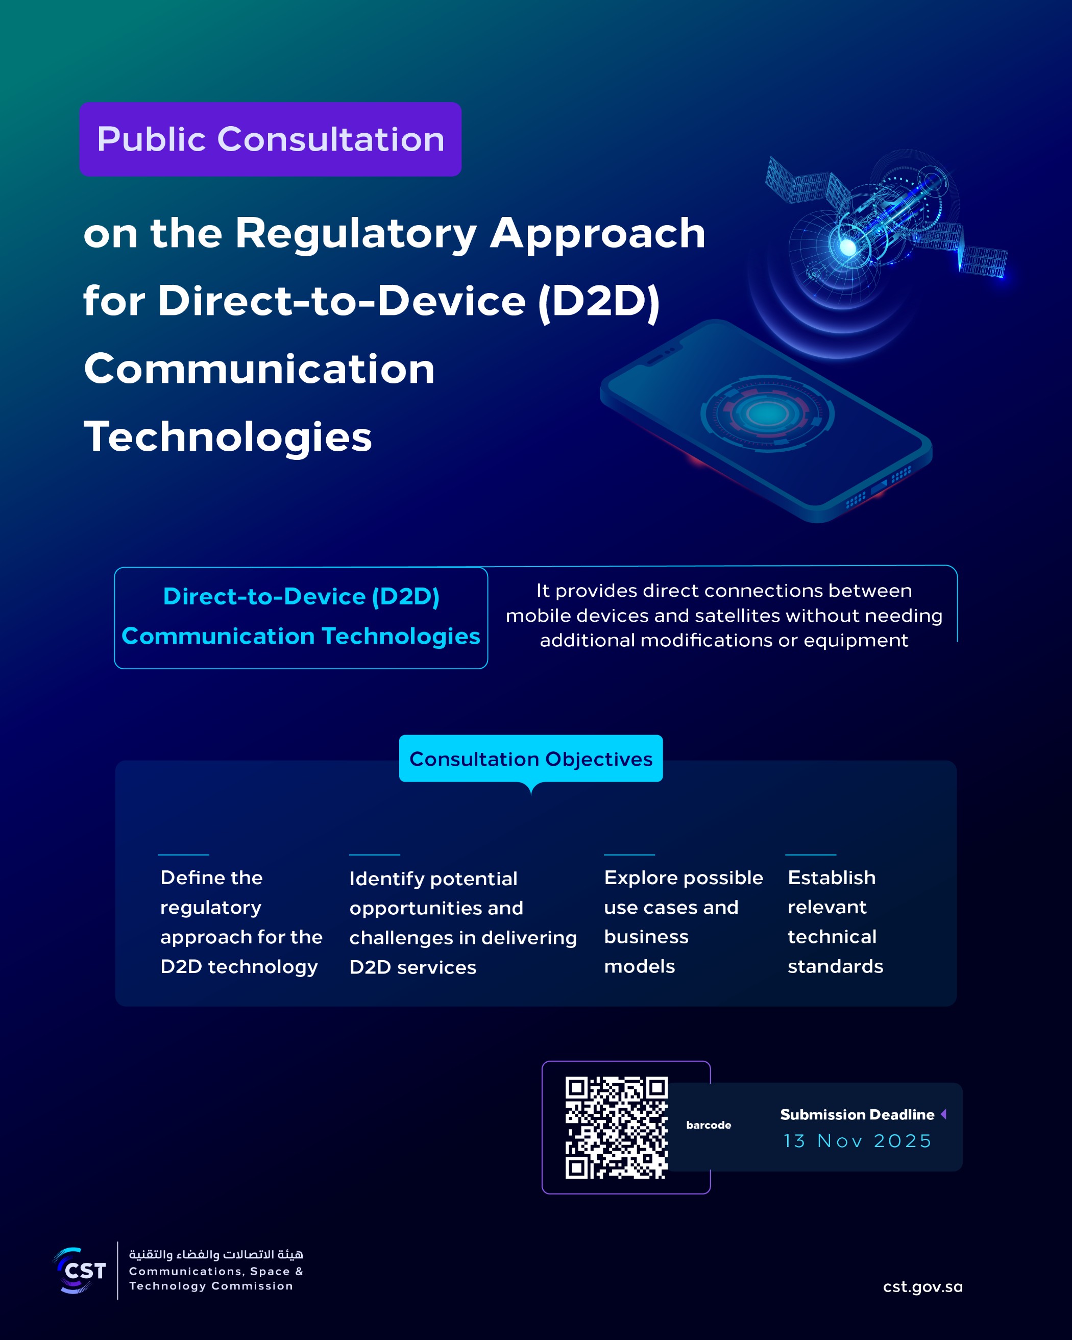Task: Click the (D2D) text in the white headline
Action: [598, 302]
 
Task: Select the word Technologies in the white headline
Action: [228, 437]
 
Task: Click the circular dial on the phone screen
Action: [767, 413]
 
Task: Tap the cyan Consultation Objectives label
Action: [531, 759]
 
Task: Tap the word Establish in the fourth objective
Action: [832, 878]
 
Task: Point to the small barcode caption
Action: [709, 1125]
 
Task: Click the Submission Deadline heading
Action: [857, 1114]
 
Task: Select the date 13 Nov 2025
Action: [857, 1141]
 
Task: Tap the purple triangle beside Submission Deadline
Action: [943, 1114]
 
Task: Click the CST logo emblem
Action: [80, 1271]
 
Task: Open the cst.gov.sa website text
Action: [922, 1286]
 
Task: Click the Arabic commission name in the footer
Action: [215, 1254]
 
